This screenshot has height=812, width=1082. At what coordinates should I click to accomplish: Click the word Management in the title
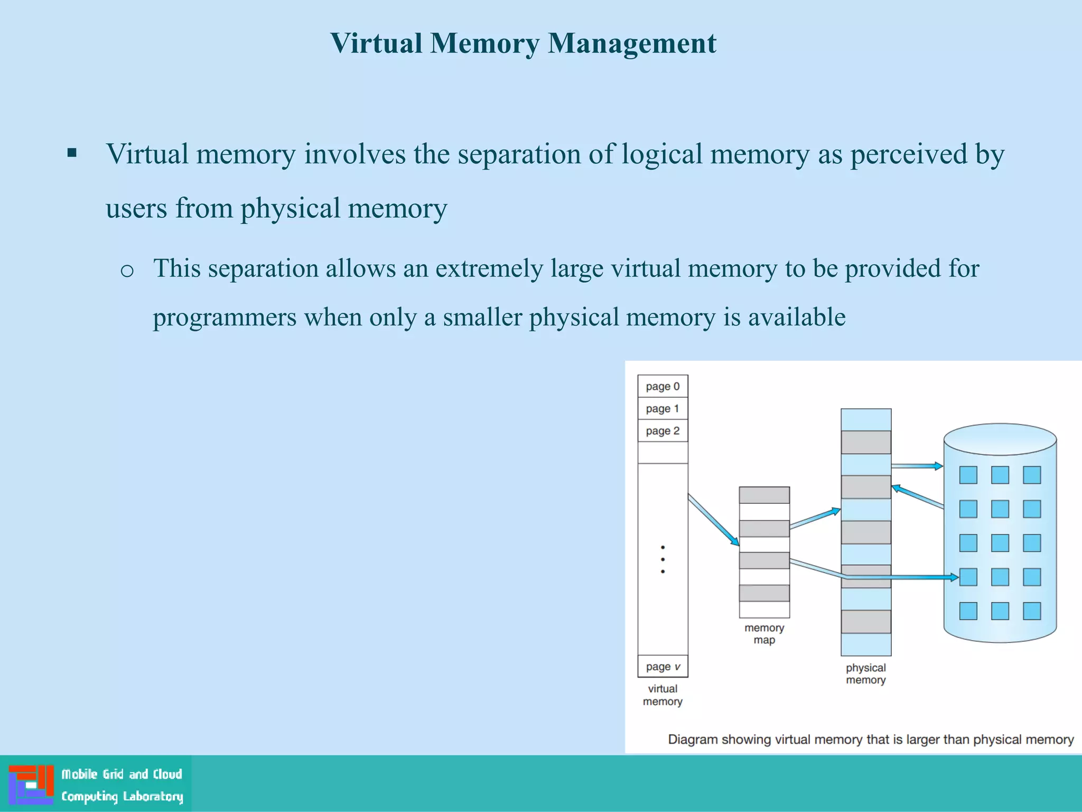tap(632, 43)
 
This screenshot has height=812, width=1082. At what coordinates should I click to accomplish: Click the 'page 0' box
tap(663, 386)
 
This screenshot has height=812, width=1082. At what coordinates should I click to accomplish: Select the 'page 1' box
tap(663, 409)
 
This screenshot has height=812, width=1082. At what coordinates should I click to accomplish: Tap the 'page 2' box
tap(663, 431)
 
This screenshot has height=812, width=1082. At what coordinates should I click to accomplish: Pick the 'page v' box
tap(663, 667)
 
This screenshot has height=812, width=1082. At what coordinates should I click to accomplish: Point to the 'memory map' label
tap(764, 634)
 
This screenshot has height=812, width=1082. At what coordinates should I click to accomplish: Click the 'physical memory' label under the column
tap(865, 674)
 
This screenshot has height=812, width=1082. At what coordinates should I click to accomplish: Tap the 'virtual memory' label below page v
tap(663, 695)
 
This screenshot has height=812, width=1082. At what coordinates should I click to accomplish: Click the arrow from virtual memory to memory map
tap(713, 520)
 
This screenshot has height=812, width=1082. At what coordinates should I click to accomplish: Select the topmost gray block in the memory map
tap(764, 495)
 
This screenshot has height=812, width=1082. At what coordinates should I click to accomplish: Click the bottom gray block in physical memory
tap(865, 622)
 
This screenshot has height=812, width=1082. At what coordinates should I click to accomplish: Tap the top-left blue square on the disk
tap(968, 475)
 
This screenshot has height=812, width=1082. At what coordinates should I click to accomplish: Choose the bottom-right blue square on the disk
tap(1031, 611)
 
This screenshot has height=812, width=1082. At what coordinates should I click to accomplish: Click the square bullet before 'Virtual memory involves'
tap(72, 154)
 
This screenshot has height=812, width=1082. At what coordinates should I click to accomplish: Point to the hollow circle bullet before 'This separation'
tap(127, 271)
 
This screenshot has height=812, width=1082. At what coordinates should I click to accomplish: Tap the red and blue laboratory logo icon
tap(31, 785)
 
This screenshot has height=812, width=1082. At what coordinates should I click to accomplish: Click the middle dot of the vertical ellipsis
tap(663, 559)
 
